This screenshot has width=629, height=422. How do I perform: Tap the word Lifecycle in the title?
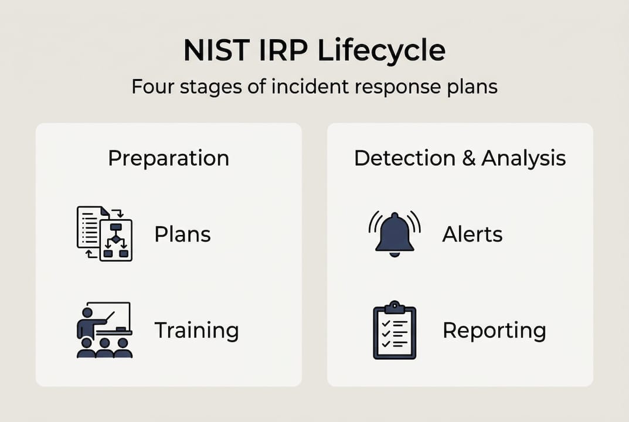(x=381, y=51)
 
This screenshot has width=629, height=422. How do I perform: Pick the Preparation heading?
(x=168, y=158)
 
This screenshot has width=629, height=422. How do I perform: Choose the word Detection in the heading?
(x=404, y=158)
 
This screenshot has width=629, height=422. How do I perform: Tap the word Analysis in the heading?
(x=523, y=158)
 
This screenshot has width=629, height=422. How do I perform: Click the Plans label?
(x=182, y=234)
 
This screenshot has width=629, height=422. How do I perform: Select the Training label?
(x=196, y=331)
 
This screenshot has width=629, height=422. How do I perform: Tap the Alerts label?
(x=472, y=234)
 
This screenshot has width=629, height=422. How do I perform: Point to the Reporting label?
(x=494, y=331)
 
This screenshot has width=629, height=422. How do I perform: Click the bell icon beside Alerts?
(x=395, y=233)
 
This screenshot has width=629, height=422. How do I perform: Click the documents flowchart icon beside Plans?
(x=104, y=233)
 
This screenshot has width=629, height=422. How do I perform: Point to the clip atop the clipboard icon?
(x=395, y=307)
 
